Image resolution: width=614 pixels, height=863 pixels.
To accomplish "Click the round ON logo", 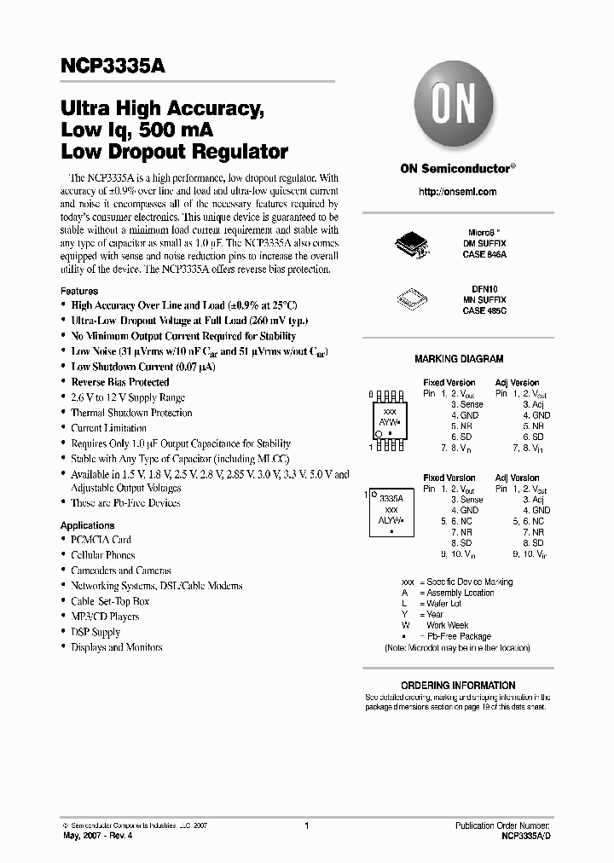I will coord(459,109).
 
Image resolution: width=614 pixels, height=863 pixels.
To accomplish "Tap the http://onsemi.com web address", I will coord(458,192).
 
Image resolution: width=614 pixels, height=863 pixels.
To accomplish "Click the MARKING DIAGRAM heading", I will coord(459,360).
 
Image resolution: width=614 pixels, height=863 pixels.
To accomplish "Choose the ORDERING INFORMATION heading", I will coord(458,685).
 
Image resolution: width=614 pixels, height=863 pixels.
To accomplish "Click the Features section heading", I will coord(79,291).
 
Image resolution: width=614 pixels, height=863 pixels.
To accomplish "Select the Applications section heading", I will coord(87,525).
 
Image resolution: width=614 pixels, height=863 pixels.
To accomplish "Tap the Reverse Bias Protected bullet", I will coord(120,382).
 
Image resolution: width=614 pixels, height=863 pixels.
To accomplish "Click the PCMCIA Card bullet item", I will coord(101,540).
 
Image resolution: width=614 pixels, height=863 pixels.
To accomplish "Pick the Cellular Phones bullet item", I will coord(103,555).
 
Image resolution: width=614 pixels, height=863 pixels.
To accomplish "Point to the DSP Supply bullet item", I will coord(96,632).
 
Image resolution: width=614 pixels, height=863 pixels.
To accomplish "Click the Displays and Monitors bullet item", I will coord(116,647).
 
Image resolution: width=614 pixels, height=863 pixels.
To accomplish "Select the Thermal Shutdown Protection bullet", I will coord(131,413).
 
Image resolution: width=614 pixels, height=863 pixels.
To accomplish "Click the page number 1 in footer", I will coord(306,826).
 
